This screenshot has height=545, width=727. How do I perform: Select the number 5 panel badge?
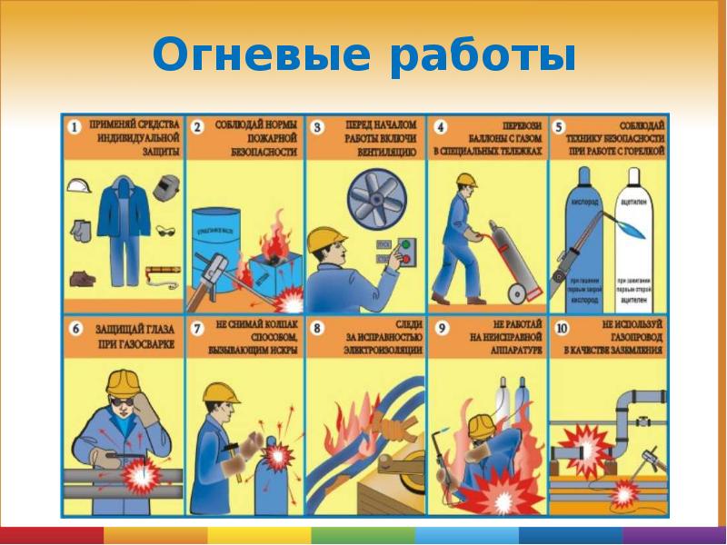tap(560, 125)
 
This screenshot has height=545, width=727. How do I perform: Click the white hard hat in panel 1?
tap(80, 184)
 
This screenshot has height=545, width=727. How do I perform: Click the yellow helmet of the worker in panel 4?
tap(467, 180)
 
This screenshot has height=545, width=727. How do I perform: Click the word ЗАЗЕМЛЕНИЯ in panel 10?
tap(624, 350)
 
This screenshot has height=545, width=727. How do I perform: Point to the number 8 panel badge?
tap(319, 325)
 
